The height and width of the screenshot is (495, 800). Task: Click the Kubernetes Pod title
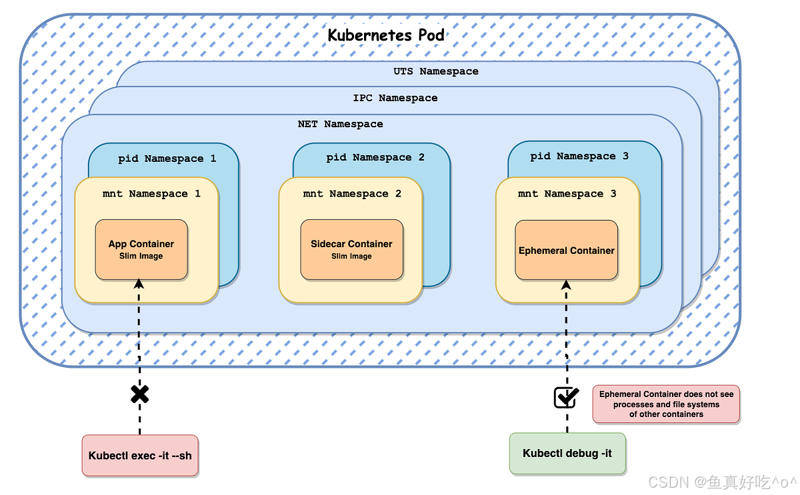[386, 35]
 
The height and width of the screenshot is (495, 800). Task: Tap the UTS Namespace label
[436, 71]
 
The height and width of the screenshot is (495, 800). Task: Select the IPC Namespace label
[395, 98]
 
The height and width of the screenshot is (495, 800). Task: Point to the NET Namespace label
[341, 124]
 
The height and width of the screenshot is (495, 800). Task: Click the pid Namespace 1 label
[167, 159]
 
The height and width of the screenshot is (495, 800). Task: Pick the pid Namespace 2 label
[375, 157]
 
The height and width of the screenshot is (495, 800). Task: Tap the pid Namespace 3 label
[579, 157]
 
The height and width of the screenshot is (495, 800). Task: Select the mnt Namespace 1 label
[151, 193]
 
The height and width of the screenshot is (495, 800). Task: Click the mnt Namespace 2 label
[352, 193]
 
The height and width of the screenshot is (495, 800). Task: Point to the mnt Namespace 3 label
[567, 193]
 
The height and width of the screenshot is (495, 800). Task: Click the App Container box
[141, 249]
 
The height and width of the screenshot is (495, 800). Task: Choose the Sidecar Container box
[352, 249]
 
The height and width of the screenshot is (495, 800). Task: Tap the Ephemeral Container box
[567, 250]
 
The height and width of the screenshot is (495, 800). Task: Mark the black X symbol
[139, 394]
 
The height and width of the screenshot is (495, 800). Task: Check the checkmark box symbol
[567, 397]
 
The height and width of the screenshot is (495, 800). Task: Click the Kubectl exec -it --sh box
[140, 456]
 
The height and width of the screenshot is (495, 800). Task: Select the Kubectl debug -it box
[567, 454]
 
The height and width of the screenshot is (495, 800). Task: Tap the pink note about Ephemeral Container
[666, 404]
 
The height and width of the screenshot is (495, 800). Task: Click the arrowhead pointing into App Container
[139, 284]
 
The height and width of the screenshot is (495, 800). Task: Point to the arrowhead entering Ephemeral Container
[566, 284]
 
